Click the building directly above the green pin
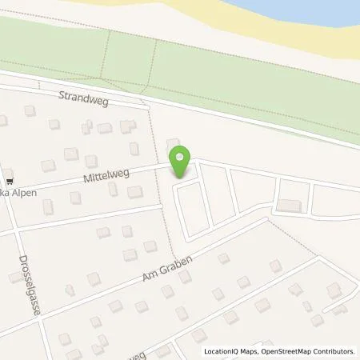tap(174, 145)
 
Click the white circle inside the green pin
tap(182, 157)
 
